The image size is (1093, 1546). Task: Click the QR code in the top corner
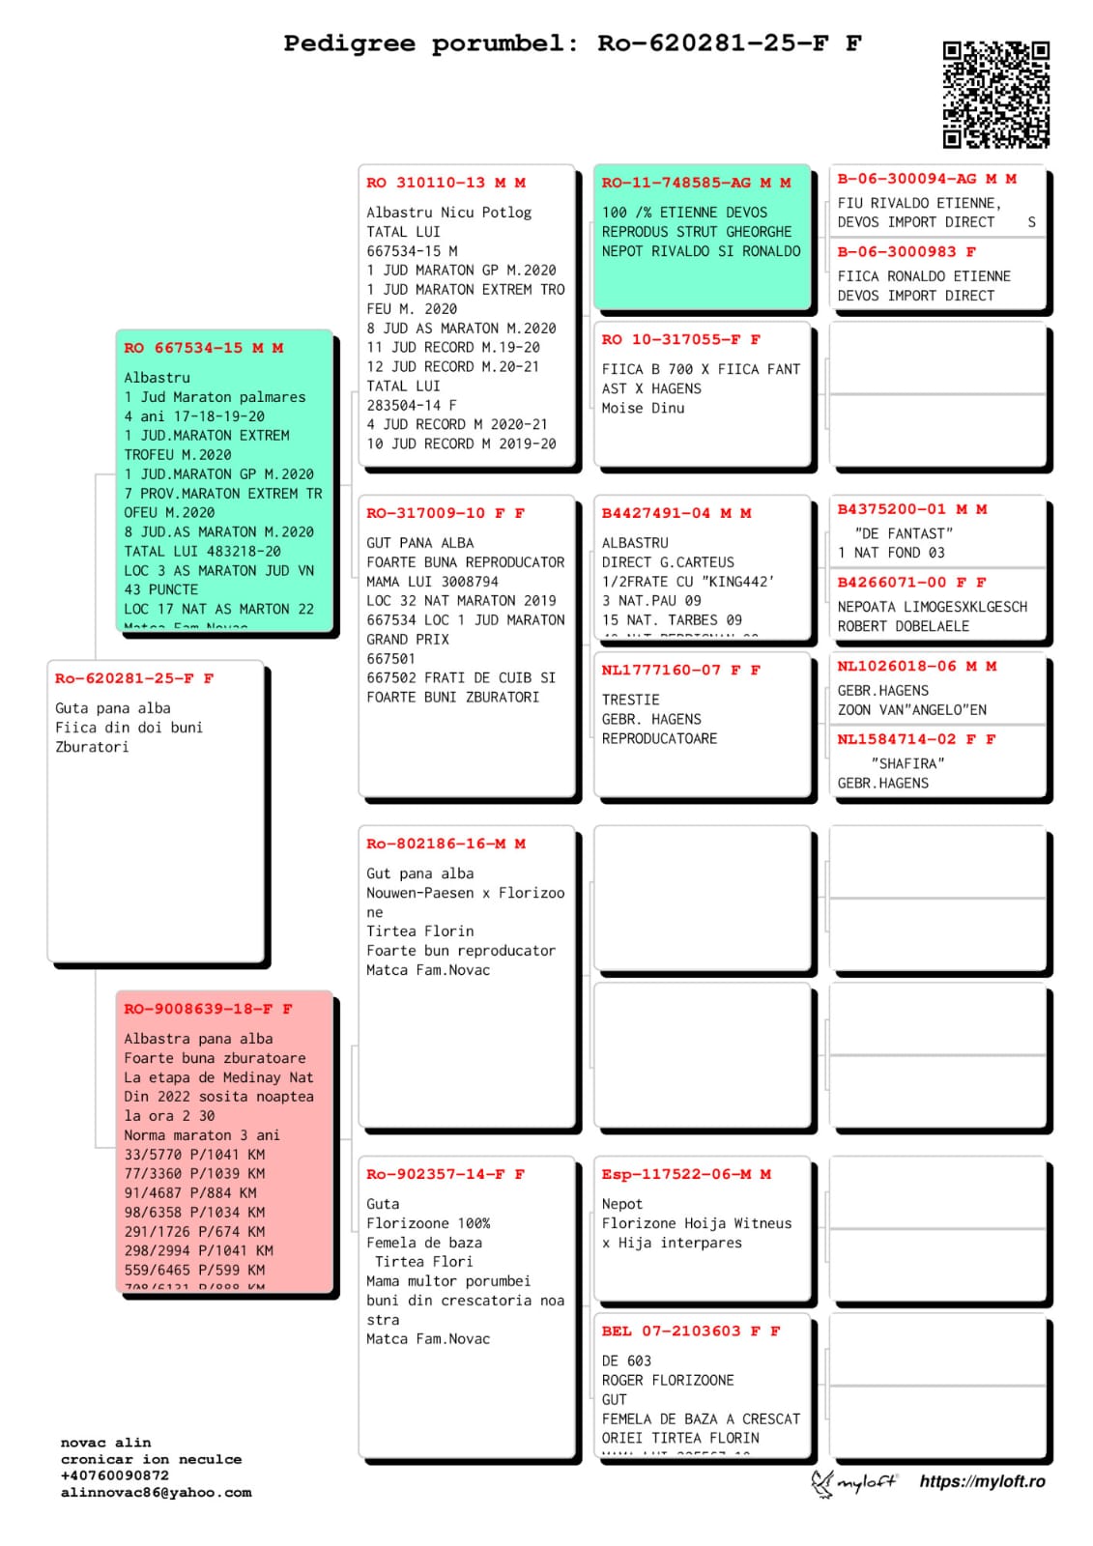(995, 94)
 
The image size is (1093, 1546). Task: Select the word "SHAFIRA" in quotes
(907, 763)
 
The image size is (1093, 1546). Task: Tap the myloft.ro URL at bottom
(982, 1481)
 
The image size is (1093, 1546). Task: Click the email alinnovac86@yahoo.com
(156, 1492)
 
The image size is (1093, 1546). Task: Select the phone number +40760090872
(114, 1475)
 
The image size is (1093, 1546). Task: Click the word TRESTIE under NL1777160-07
(630, 700)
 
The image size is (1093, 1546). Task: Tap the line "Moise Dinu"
(643, 408)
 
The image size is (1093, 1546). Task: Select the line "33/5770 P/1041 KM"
(194, 1155)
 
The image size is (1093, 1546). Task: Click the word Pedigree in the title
(349, 43)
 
